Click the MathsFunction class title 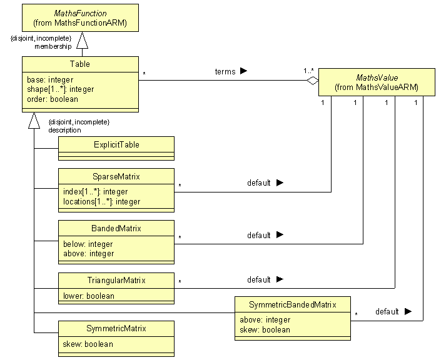coord(79,13)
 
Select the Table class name coord(79,64)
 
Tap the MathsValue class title coord(377,77)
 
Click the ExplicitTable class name coord(116,144)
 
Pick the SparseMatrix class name coord(116,177)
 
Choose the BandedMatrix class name coord(116,229)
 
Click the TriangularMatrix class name coord(116,281)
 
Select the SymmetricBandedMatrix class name coord(292,305)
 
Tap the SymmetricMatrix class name coord(116,329)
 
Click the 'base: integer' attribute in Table coord(50,80)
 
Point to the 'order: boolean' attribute coord(53,99)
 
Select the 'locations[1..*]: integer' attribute coord(101,201)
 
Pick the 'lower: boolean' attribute coord(89,296)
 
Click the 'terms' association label coord(225,71)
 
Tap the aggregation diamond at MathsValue coord(312,79)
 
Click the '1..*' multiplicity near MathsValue coord(308,70)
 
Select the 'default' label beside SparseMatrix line coord(258,183)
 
